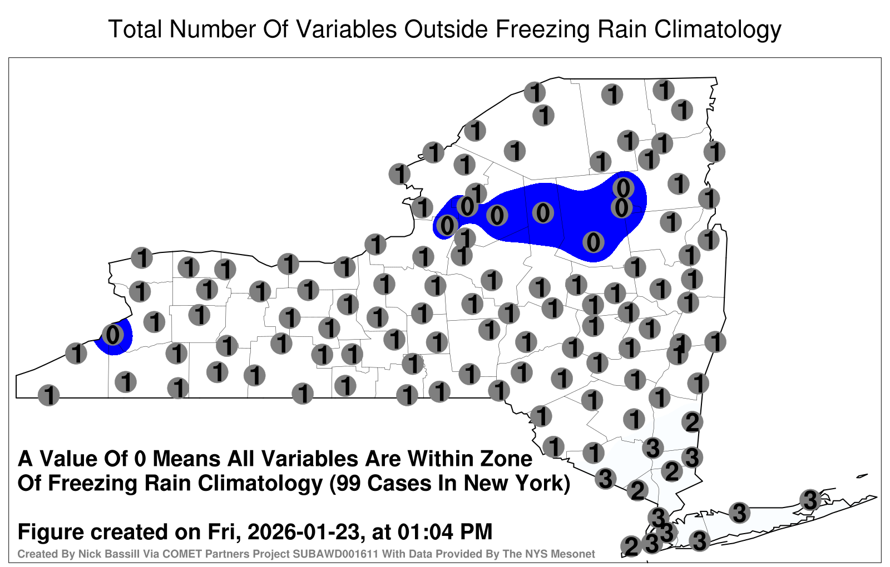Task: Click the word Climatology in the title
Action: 718,29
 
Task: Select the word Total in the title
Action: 136,29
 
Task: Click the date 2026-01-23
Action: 303,532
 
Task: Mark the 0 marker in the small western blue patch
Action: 112,334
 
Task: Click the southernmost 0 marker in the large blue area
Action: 593,242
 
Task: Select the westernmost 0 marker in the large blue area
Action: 447,226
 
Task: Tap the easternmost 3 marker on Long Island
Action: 810,500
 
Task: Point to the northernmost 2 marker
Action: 692,422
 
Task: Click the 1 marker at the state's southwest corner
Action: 48,395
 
